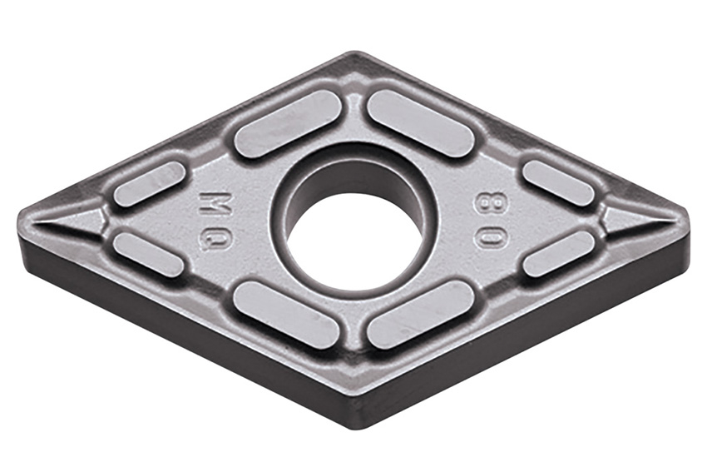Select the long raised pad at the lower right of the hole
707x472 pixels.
pyautogui.click(x=421, y=314)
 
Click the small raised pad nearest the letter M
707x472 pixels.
pyautogui.click(x=149, y=184)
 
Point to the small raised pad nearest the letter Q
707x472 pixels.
pyautogui.click(x=148, y=254)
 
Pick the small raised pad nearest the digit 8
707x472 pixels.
pyautogui.click(x=558, y=182)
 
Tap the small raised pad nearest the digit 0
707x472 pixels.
pyautogui.click(x=559, y=254)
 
